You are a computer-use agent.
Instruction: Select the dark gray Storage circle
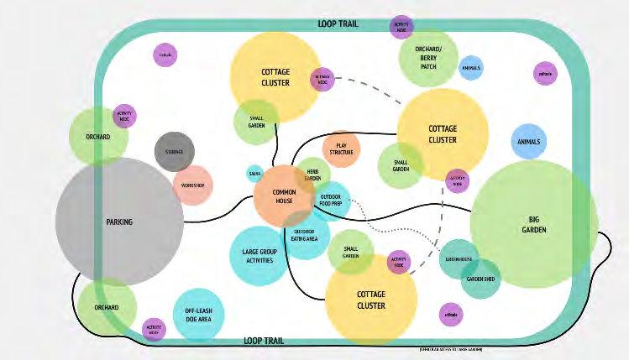pyautogui.click(x=175, y=152)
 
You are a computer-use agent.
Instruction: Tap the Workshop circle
pyautogui.click(x=192, y=185)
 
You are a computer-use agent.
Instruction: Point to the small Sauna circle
pyautogui.click(x=254, y=174)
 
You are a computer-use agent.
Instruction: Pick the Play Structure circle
pyautogui.click(x=341, y=149)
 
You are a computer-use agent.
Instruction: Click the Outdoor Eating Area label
pyautogui.click(x=304, y=235)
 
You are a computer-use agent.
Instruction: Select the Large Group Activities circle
pyautogui.click(x=260, y=256)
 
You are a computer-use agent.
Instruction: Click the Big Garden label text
pyautogui.click(x=533, y=223)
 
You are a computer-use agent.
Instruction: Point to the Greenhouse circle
pyautogui.click(x=461, y=259)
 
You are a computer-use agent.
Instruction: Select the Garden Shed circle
pyautogui.click(x=481, y=279)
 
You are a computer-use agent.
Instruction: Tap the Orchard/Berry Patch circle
pyautogui.click(x=428, y=58)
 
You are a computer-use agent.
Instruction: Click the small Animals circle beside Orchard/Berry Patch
pyautogui.click(x=471, y=68)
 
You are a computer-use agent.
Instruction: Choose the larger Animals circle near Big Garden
pyautogui.click(x=528, y=142)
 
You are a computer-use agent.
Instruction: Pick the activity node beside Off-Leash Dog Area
pyautogui.click(x=154, y=329)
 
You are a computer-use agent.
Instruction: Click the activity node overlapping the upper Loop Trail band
pyautogui.click(x=401, y=25)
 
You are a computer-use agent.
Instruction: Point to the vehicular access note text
pyautogui.click(x=450, y=348)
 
